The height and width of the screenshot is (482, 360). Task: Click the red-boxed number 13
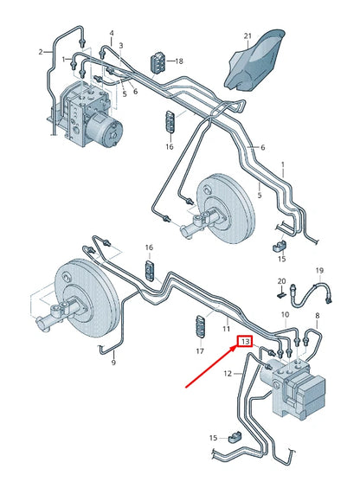pos(245,342)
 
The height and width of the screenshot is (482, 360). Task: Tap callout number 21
pos(247,35)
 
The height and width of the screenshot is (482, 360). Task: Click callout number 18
pos(179,62)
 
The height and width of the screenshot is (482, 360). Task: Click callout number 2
pos(39,52)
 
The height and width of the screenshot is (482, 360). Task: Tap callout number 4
pos(111,34)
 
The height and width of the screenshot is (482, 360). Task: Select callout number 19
pos(318,271)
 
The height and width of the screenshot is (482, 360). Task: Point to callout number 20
pos(280,281)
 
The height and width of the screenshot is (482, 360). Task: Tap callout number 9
pos(112,363)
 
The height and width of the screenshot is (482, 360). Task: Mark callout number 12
pos(228,374)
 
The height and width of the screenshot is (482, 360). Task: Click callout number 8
pos(317,316)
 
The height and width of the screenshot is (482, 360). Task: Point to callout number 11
pos(226,329)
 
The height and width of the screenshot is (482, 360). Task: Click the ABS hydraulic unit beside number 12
pos(299,389)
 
